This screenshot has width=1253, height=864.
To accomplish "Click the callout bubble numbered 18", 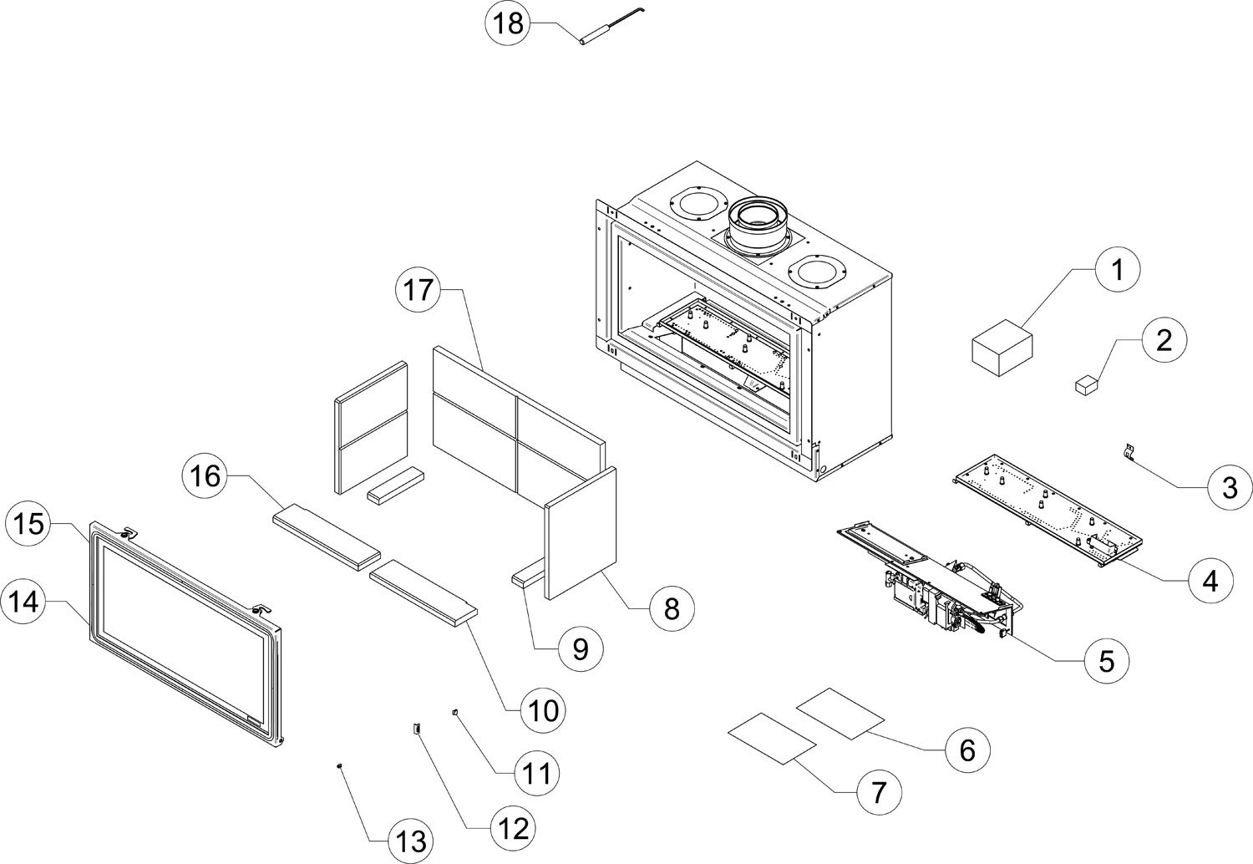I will pos(507,23).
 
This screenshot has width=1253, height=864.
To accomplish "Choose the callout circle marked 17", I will pos(417,290).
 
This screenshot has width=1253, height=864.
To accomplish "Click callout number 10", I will pos(542,710).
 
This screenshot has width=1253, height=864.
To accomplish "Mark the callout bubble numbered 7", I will pos(877,790).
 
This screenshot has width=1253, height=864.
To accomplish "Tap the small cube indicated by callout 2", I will pos(1085,384).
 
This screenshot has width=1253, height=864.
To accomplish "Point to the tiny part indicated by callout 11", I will pos(455,713).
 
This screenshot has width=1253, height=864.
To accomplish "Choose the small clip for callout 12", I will pos(415,729).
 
